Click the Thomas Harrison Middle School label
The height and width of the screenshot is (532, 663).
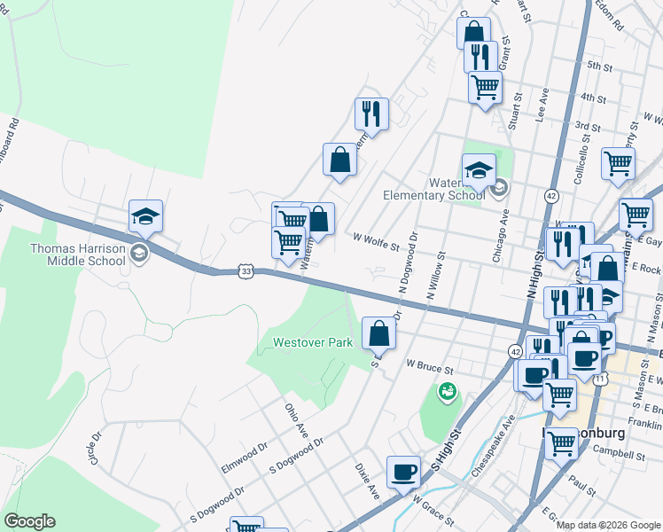78,254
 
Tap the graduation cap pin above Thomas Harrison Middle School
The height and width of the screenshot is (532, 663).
145,215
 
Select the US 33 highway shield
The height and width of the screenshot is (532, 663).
246,270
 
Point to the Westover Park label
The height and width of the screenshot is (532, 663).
313,342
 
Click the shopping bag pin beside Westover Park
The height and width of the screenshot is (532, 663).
378,333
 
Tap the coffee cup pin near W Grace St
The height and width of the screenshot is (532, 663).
403,472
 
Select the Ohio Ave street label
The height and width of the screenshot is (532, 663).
295,418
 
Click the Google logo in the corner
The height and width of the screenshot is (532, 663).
29,521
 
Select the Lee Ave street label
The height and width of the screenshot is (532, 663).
542,104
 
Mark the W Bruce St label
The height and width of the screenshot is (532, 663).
430,364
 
